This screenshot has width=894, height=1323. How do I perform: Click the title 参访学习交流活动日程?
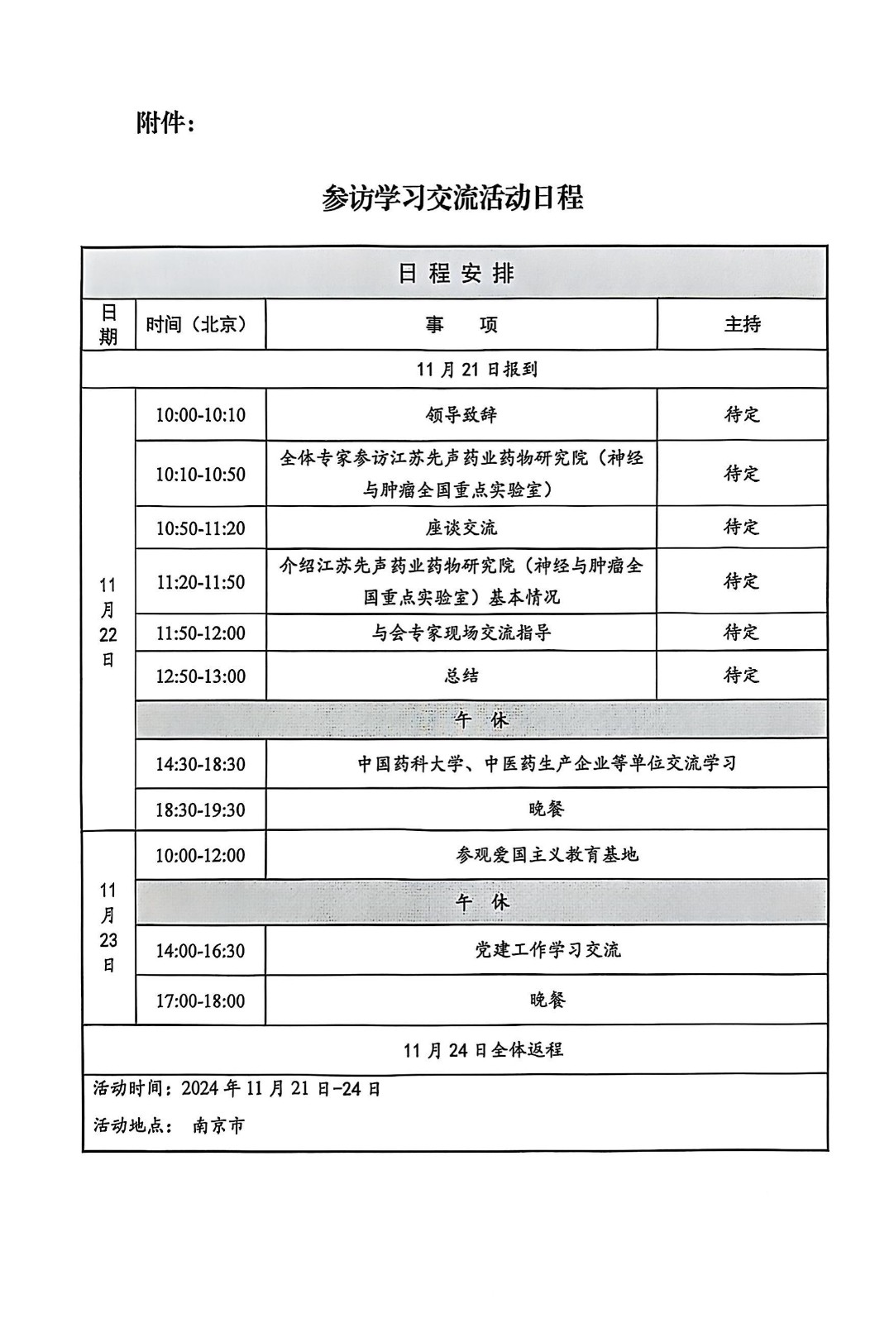pyautogui.click(x=452, y=198)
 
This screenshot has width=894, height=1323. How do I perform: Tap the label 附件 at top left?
pyautogui.click(x=165, y=123)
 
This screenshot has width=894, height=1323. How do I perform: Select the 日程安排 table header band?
pyautogui.click(x=455, y=273)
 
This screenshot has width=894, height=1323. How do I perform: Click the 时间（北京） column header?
pyautogui.click(x=197, y=324)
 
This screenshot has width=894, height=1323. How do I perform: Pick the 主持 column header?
pyautogui.click(x=742, y=324)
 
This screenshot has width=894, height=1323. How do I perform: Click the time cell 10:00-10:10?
pyautogui.click(x=200, y=415)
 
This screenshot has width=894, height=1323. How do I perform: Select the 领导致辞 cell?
pyautogui.click(x=461, y=415)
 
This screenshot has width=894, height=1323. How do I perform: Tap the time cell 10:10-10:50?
pyautogui.click(x=200, y=474)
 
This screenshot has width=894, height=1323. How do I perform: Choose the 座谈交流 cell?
pyautogui.click(x=461, y=528)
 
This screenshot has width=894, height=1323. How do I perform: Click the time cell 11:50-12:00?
pyautogui.click(x=200, y=633)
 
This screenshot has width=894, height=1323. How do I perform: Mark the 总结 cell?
pyautogui.click(x=461, y=676)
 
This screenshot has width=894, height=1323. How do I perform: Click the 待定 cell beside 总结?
pyautogui.click(x=741, y=676)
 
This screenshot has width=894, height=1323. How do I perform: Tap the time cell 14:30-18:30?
pyautogui.click(x=200, y=764)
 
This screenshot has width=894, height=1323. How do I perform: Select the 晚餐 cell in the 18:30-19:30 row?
pyautogui.click(x=546, y=809)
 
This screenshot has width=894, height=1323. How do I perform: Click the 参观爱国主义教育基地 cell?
pyautogui.click(x=546, y=855)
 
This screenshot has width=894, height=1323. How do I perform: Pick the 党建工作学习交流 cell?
pyautogui.click(x=546, y=950)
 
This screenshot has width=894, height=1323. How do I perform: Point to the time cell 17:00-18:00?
pyautogui.click(x=200, y=1001)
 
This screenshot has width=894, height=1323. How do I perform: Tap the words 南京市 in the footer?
pyautogui.click(x=218, y=1125)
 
